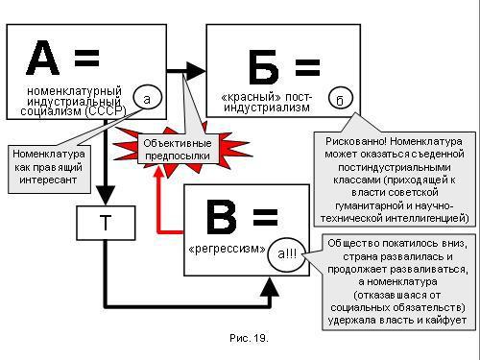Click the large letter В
pyautogui.click(x=222, y=218)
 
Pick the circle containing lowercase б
pyautogui.click(x=341, y=97)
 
